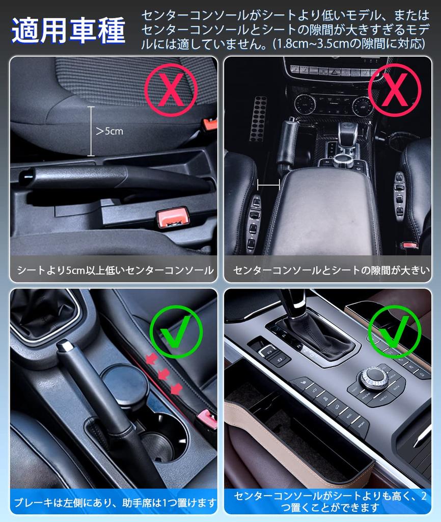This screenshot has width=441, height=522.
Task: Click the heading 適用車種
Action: click(x=68, y=32)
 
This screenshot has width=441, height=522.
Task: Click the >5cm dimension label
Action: click(x=109, y=132)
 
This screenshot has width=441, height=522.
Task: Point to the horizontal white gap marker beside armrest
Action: click(x=268, y=183)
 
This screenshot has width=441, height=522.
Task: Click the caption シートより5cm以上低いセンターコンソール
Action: click(x=115, y=270)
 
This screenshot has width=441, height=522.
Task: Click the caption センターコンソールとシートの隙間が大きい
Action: click(x=332, y=270)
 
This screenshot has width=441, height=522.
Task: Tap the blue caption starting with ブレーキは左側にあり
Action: click(x=115, y=503)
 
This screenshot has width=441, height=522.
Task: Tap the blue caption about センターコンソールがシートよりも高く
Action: click(x=332, y=501)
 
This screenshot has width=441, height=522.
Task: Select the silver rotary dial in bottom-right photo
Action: click(x=373, y=378)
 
